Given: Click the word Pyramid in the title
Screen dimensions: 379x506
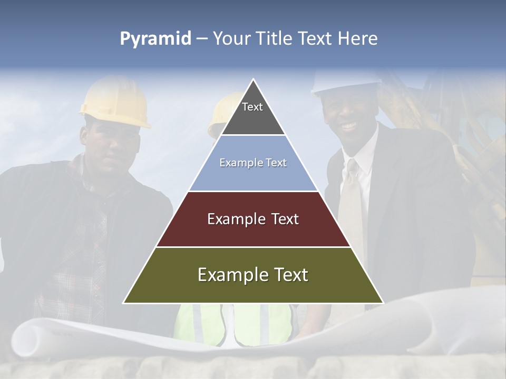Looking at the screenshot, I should [x=155, y=39].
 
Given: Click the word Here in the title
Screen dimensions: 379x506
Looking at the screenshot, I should [x=357, y=39].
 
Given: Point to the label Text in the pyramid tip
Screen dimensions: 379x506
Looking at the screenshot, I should [x=252, y=107].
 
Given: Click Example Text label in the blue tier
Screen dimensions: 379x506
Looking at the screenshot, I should [x=253, y=163].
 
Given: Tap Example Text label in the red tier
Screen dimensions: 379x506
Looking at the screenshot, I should [x=253, y=219].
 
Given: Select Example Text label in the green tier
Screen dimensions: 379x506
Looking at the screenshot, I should [x=253, y=275].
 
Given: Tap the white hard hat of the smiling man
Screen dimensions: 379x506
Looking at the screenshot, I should [x=345, y=82].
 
